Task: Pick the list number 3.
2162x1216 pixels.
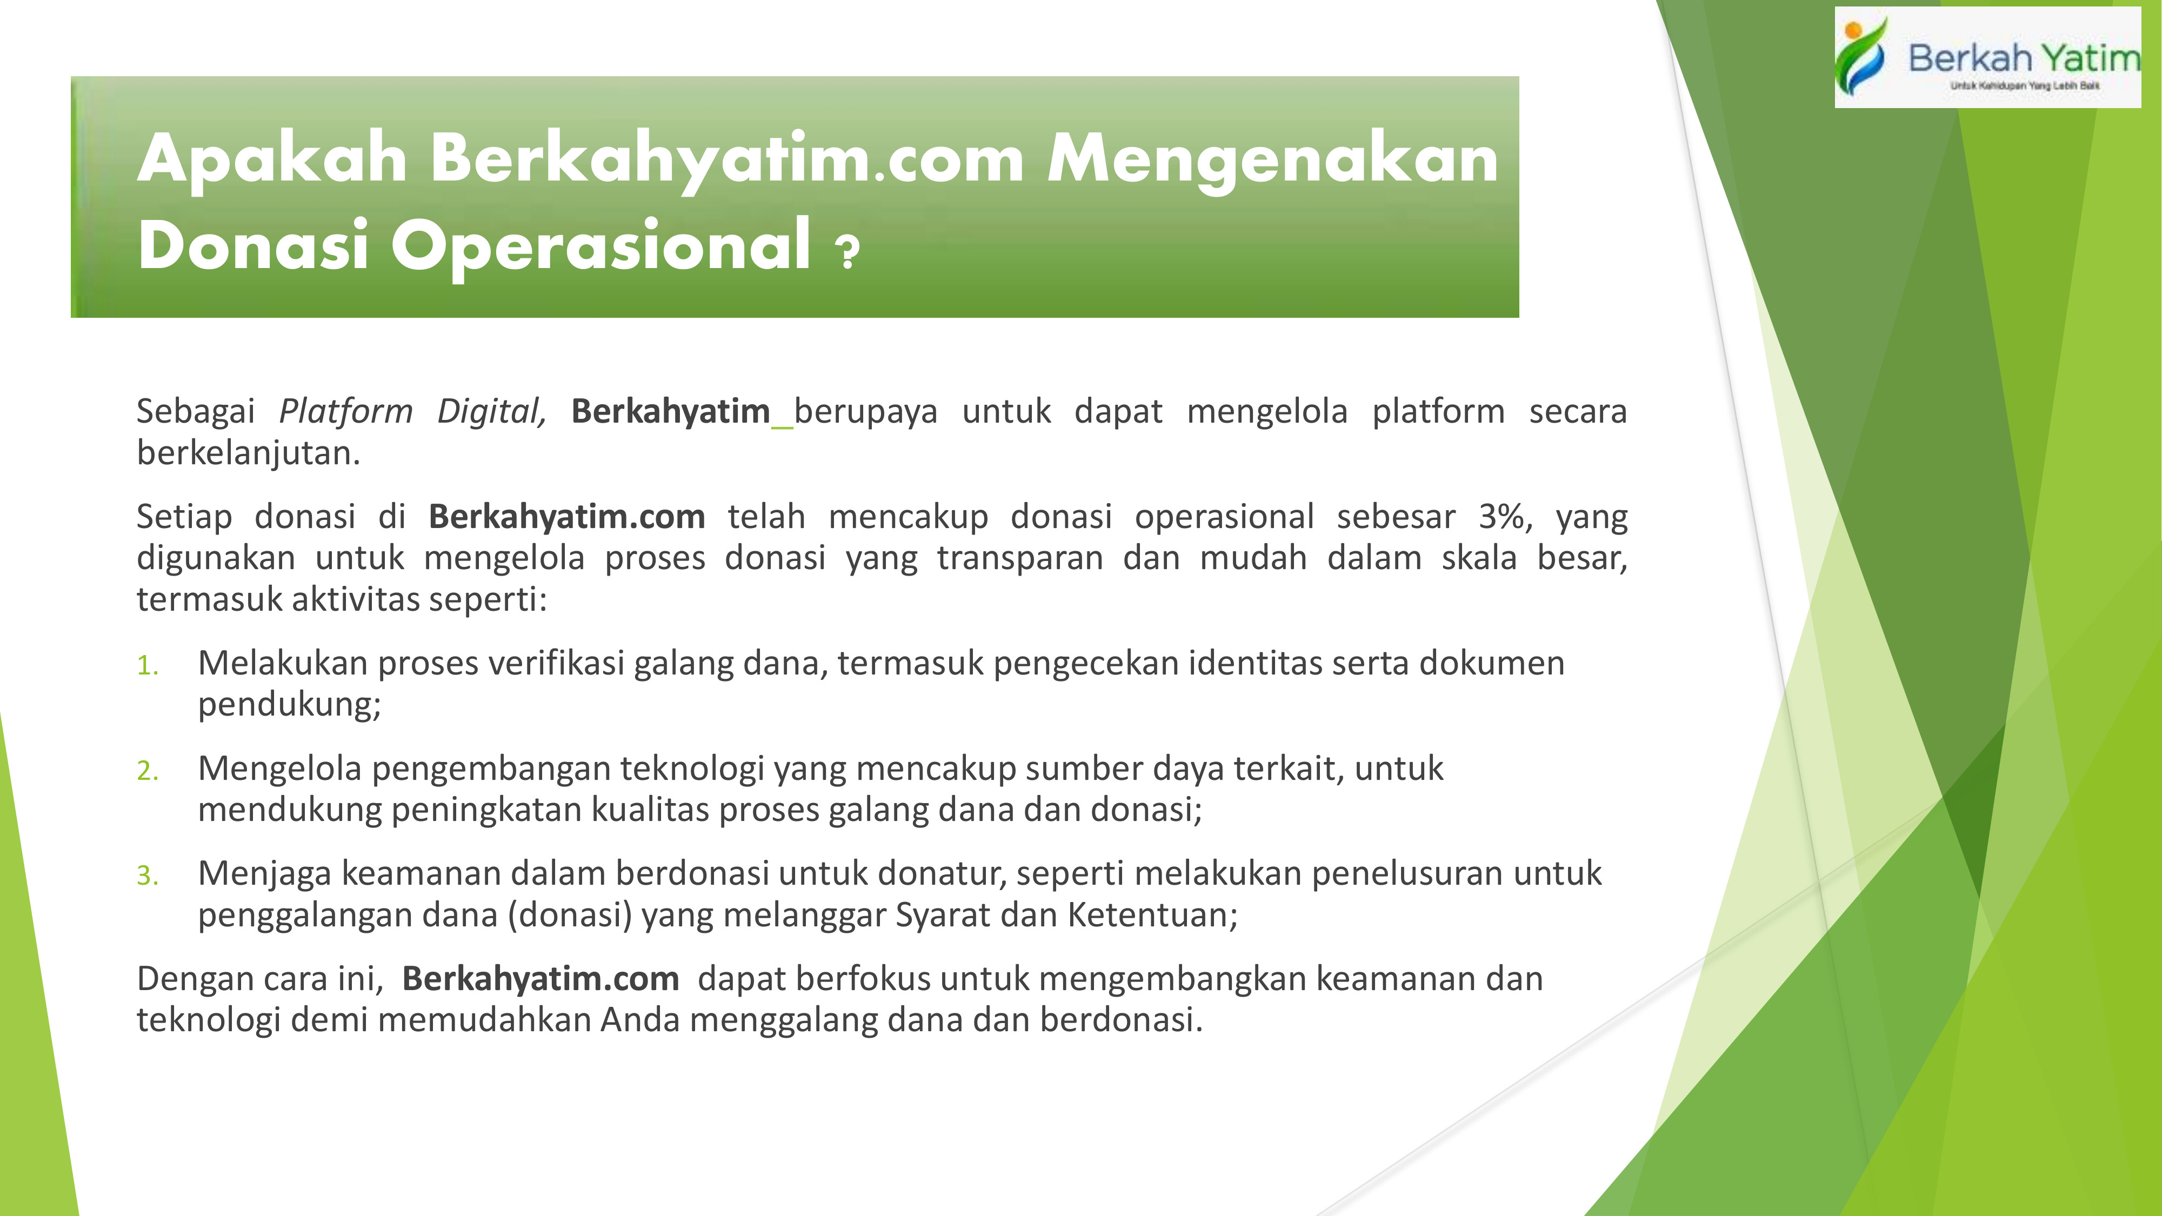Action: coord(148,876)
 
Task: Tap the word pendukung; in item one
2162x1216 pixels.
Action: coord(290,705)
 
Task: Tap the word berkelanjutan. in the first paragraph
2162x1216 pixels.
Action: coord(249,454)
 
